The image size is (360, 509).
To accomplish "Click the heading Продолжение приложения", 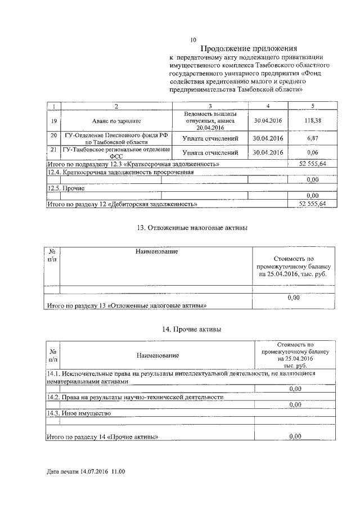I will [x=249, y=48].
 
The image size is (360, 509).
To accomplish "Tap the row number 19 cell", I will [x=53, y=121].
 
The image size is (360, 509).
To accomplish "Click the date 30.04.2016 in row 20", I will [x=268, y=138].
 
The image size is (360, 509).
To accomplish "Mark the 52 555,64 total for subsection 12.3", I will [x=312, y=163].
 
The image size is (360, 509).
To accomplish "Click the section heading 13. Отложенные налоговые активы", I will [x=192, y=228].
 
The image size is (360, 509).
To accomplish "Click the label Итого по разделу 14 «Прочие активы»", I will [x=102, y=436].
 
